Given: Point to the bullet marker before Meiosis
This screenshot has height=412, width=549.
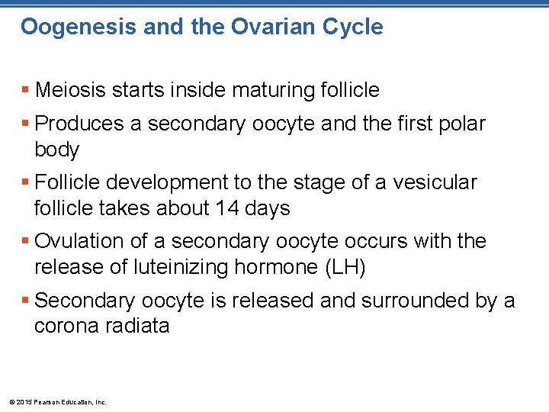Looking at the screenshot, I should [x=25, y=91].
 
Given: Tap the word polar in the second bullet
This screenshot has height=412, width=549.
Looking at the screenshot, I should [x=462, y=124].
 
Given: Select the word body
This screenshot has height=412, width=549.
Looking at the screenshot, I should [x=56, y=150].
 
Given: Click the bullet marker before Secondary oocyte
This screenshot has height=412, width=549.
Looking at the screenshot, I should [x=25, y=301].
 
